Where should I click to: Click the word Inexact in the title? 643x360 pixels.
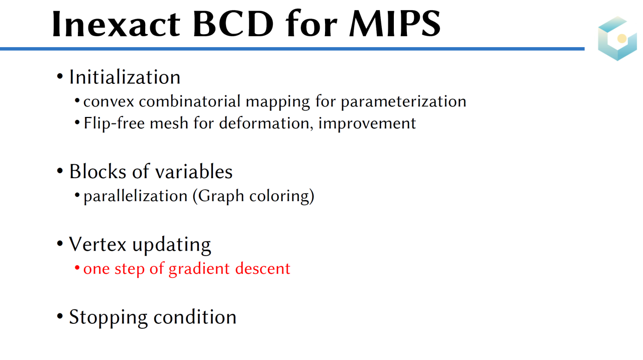[x=116, y=24]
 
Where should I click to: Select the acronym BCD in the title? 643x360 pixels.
[x=234, y=24]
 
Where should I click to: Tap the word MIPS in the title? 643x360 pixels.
[x=395, y=24]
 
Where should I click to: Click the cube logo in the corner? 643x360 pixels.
[x=617, y=39]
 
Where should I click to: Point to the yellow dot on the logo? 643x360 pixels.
[x=622, y=39]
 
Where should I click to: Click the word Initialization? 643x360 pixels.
[x=125, y=77]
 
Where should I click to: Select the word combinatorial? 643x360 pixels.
[x=190, y=101]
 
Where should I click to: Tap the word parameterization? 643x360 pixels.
[x=403, y=102]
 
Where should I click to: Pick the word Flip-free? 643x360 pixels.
[x=114, y=124]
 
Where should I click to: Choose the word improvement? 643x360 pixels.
[x=367, y=124]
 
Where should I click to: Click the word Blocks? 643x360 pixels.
[x=98, y=172]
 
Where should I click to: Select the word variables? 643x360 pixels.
[x=194, y=172]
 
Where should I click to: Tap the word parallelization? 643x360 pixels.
[x=136, y=196]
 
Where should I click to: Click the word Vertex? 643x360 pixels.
[x=97, y=245]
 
